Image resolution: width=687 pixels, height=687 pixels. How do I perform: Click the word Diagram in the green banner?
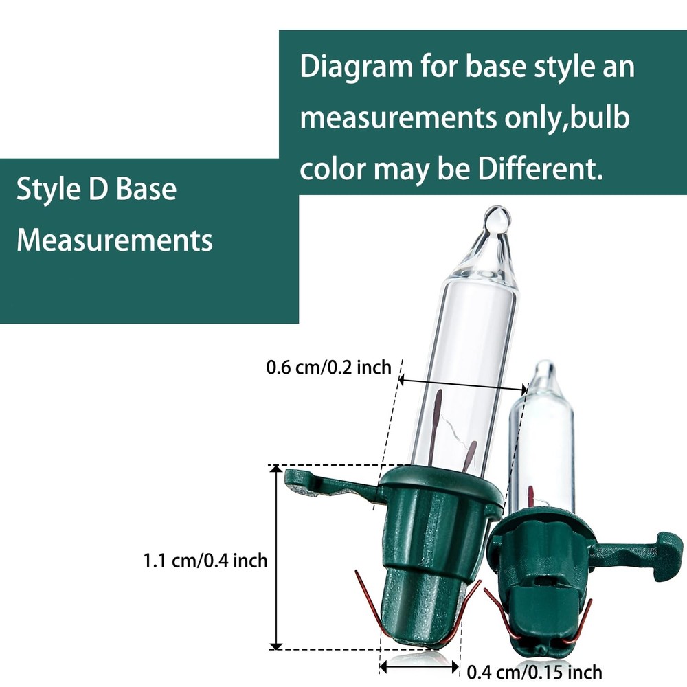point(356,68)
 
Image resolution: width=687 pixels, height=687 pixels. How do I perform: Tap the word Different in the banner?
point(540,169)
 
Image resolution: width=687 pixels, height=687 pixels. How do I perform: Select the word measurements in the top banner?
point(398,118)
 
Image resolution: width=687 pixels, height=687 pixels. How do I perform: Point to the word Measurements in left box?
point(114,240)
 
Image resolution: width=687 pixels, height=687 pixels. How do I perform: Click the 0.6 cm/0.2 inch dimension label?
point(328,367)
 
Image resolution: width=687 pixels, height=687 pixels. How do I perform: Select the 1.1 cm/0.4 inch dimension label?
point(205,561)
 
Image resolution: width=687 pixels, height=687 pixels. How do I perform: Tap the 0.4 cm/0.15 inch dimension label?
point(534,671)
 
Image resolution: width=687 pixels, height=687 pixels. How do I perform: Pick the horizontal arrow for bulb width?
point(462,385)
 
